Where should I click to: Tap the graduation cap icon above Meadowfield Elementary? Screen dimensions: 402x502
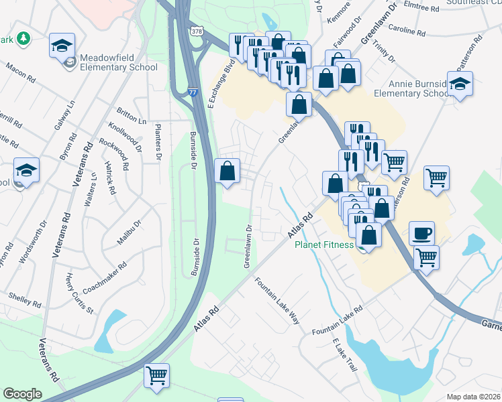pos(62,46)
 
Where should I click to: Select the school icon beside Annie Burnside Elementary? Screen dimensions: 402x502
pos(460,84)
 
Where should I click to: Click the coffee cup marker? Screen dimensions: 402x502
pos(421,232)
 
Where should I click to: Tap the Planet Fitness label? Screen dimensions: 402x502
pos(324,245)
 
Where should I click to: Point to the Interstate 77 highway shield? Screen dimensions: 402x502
pos(193,93)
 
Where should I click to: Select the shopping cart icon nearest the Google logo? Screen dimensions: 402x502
pos(156,375)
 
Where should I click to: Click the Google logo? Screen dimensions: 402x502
pos(22,394)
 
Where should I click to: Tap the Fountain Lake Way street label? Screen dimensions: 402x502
pos(277,301)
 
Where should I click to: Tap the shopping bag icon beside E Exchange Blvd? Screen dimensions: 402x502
pos(228,170)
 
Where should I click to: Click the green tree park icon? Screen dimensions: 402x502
pos(23,39)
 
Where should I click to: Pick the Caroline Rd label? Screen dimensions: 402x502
pos(407,31)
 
